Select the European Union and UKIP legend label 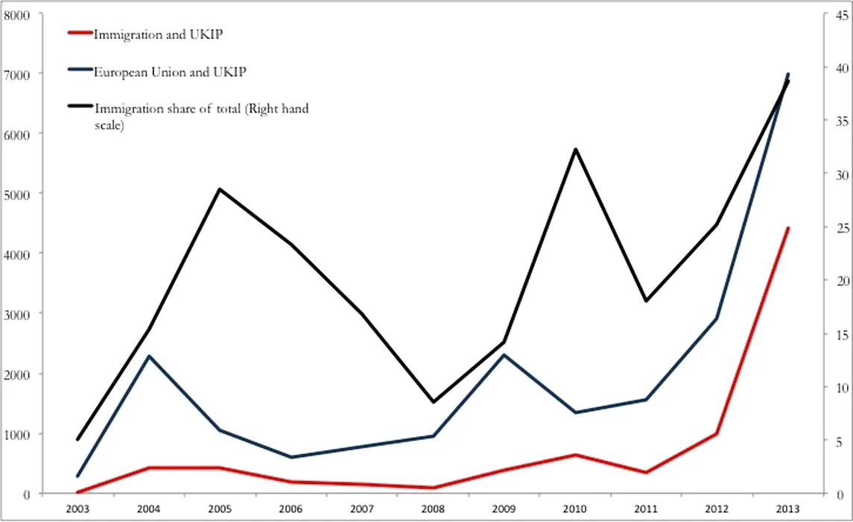coord(170,72)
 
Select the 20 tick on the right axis coord(839,281)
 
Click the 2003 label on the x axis coord(77,508)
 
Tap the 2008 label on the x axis coord(434,508)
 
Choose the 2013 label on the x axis coord(789,508)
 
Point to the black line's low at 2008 coord(434,402)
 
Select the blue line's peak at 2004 coord(148,356)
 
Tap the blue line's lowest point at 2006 coord(291,457)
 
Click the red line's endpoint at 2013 coord(788,228)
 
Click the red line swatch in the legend coord(80,34)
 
